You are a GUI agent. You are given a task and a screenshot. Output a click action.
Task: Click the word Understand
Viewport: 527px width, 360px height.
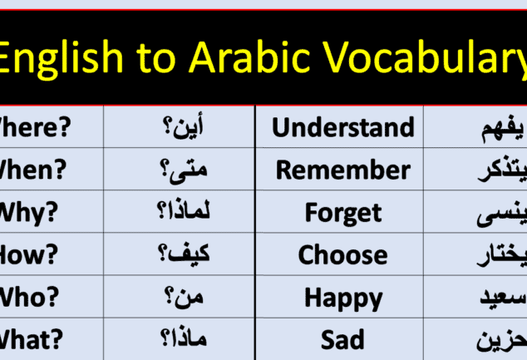343,127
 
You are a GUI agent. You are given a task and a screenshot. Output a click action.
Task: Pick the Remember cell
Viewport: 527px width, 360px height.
343,170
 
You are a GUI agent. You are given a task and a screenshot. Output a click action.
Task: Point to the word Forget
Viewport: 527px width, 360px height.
343,212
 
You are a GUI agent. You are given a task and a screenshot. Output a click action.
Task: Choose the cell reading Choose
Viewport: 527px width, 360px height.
343,254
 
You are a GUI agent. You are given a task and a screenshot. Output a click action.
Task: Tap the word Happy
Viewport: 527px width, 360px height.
343,297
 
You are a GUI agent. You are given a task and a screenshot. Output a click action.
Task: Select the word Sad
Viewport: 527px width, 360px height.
343,339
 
